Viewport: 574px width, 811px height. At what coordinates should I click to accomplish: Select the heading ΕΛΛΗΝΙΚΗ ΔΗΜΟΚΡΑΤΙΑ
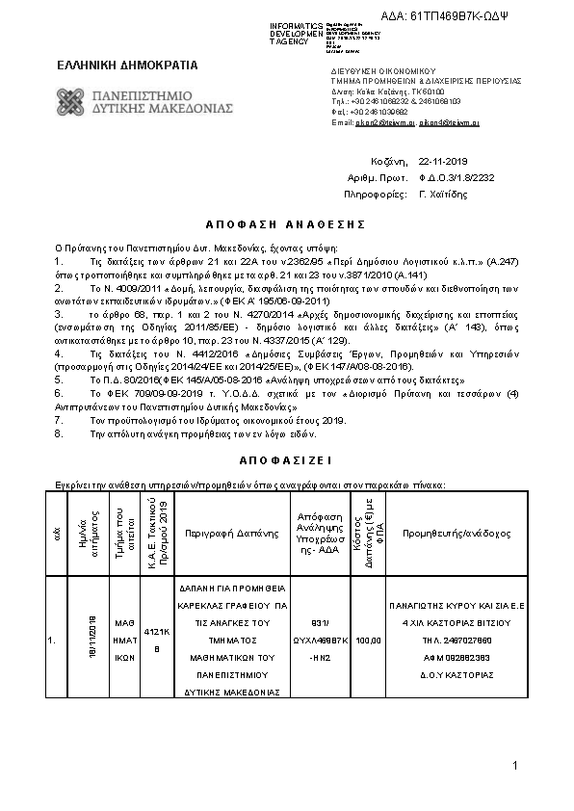[127, 65]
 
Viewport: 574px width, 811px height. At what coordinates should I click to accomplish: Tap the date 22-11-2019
[443, 162]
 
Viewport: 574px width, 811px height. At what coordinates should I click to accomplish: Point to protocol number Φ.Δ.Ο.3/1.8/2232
[457, 178]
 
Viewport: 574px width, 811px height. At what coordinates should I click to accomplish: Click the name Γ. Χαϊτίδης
[443, 194]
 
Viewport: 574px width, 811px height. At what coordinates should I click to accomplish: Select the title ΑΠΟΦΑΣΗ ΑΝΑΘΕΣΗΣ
[286, 223]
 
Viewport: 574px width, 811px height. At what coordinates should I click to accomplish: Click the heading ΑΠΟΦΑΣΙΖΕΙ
[286, 461]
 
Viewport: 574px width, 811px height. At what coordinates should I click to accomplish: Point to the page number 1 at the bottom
[516, 766]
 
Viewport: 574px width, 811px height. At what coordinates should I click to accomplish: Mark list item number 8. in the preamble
[58, 434]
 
